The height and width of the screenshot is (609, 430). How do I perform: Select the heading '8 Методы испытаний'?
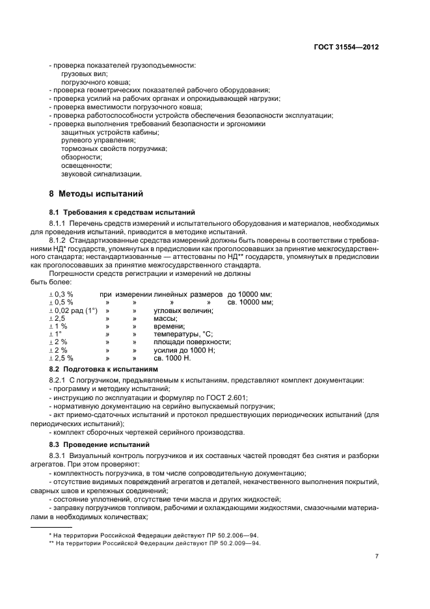coord(92,193)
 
